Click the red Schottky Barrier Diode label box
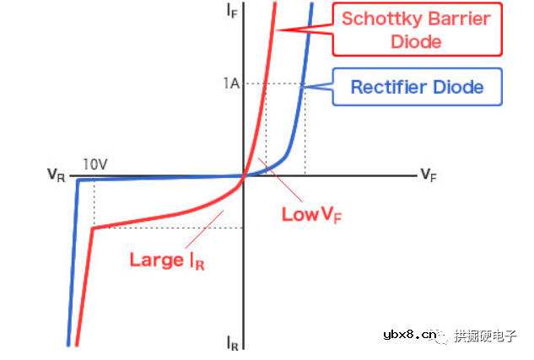pyautogui.click(x=416, y=30)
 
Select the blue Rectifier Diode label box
pyautogui.click(x=417, y=87)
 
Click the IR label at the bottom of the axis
pyautogui.click(x=234, y=343)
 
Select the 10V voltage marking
pyautogui.click(x=95, y=164)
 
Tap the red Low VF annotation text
pyautogui.click(x=311, y=215)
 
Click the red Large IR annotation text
pyautogui.click(x=167, y=260)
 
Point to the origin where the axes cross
pyautogui.click(x=244, y=176)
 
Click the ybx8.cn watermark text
pyautogui.click(x=407, y=336)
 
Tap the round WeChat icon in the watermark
pyautogui.click(x=444, y=336)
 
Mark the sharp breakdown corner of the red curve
pyautogui.click(x=92, y=228)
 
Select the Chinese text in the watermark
pyautogui.click(x=485, y=336)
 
